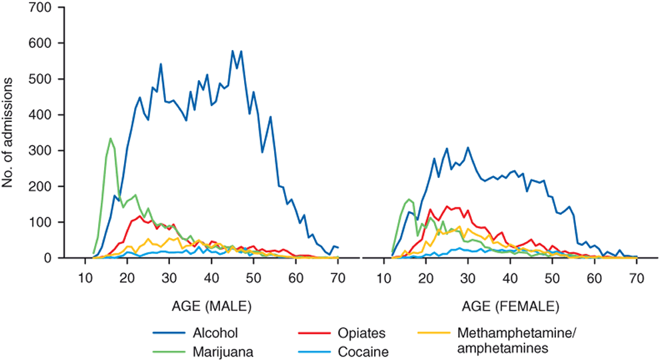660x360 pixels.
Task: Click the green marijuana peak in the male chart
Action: click(x=110, y=139)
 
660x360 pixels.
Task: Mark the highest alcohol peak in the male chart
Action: click(x=232, y=51)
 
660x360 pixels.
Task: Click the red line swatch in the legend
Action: click(x=306, y=333)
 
